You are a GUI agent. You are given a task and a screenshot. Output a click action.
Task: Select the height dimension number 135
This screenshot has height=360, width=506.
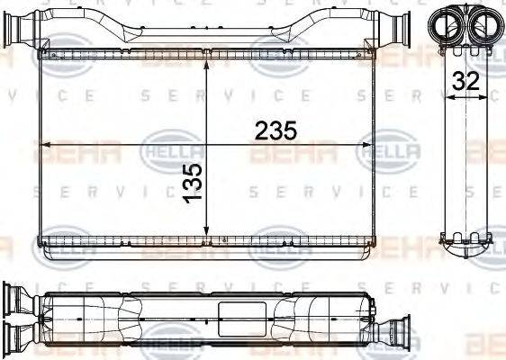click(x=192, y=183)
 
